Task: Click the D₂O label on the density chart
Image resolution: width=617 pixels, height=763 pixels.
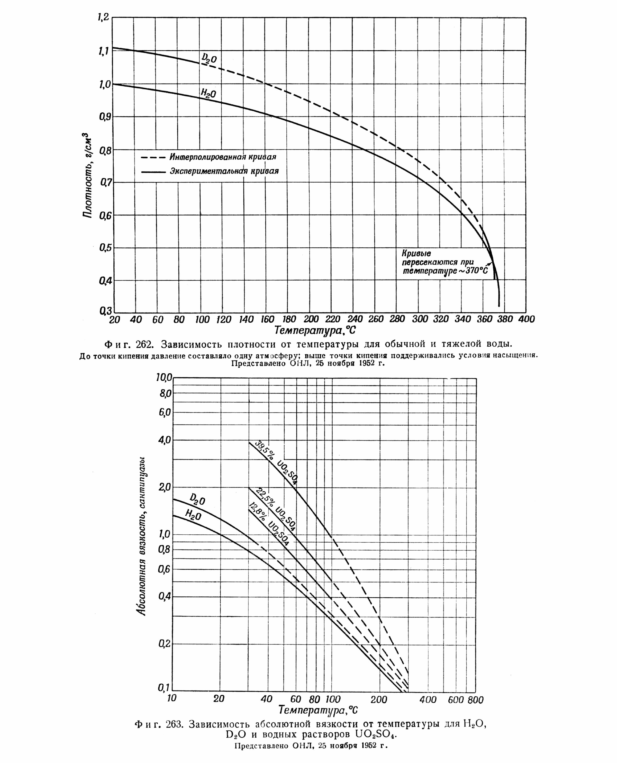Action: coord(209,58)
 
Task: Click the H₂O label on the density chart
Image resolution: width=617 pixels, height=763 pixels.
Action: coord(208,93)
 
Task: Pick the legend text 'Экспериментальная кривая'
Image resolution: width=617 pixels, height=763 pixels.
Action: coord(224,171)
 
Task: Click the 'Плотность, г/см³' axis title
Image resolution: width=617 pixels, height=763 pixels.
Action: coord(87,175)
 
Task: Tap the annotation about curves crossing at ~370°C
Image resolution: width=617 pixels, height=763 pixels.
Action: coord(444,262)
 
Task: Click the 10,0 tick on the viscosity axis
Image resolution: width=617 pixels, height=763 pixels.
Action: coord(164,378)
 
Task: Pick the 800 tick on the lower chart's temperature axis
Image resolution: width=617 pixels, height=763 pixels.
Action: coord(476,700)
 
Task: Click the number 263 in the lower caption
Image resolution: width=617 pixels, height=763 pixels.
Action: coord(174,724)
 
